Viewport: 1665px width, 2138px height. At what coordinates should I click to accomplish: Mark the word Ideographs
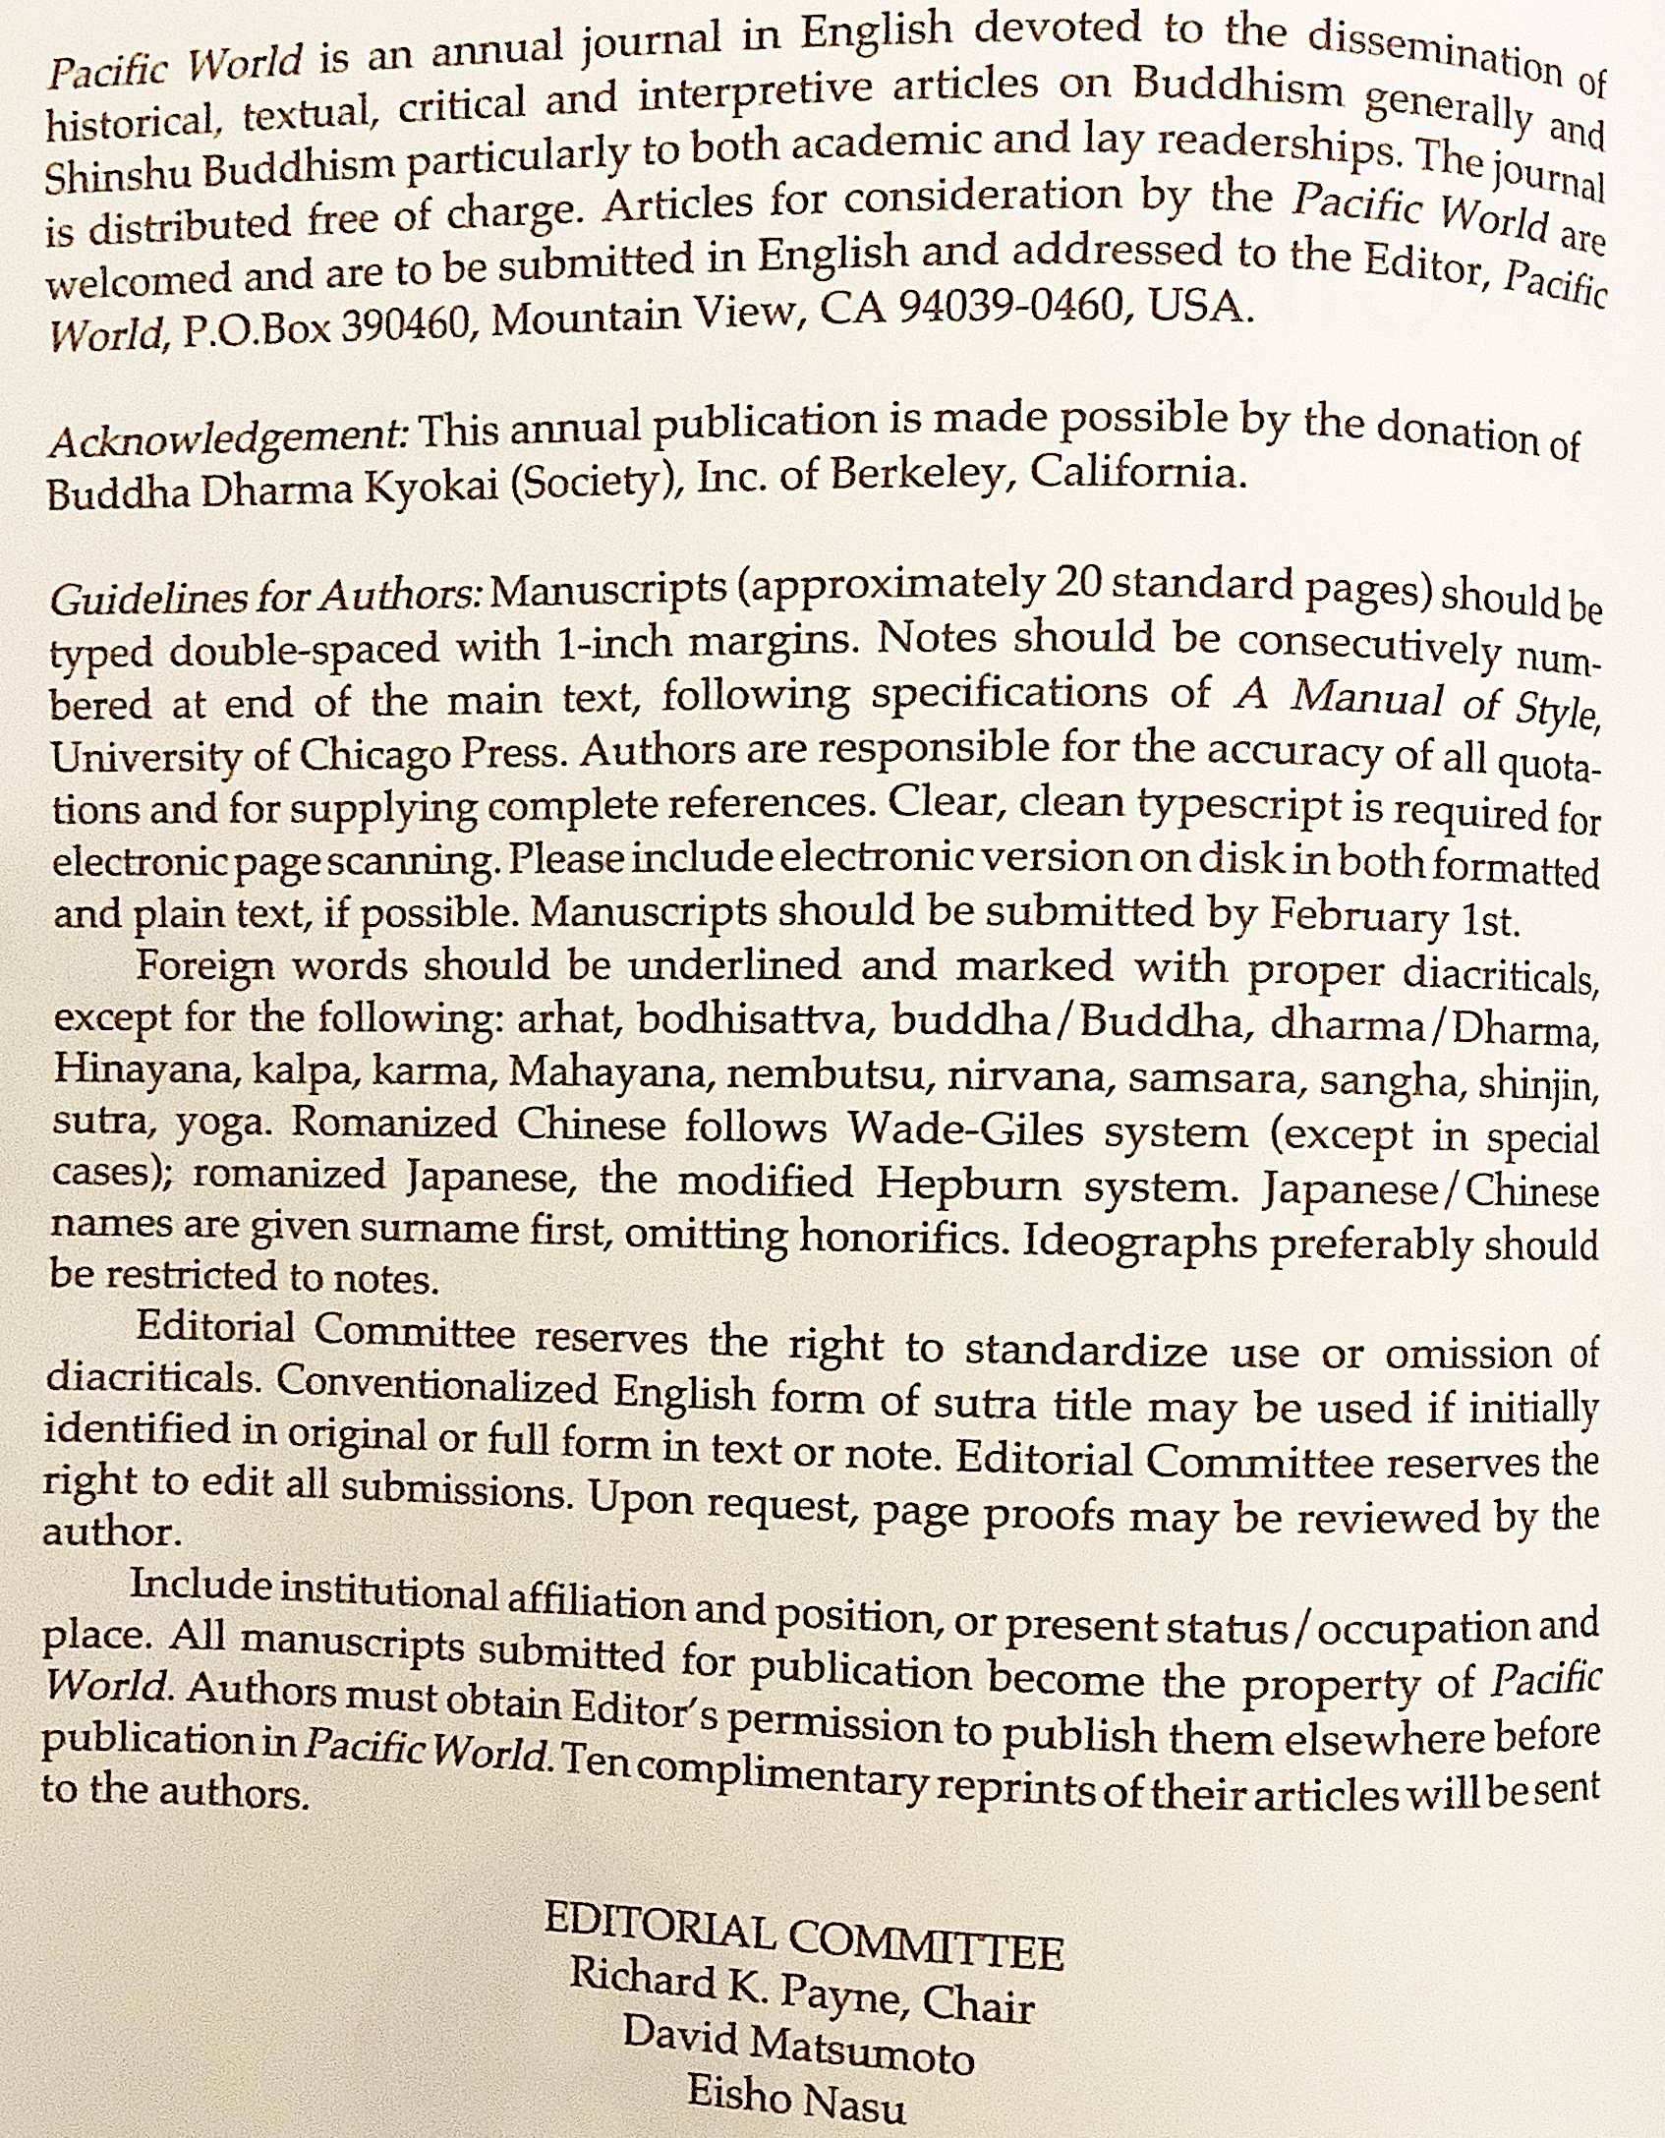[x=1139, y=1241]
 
